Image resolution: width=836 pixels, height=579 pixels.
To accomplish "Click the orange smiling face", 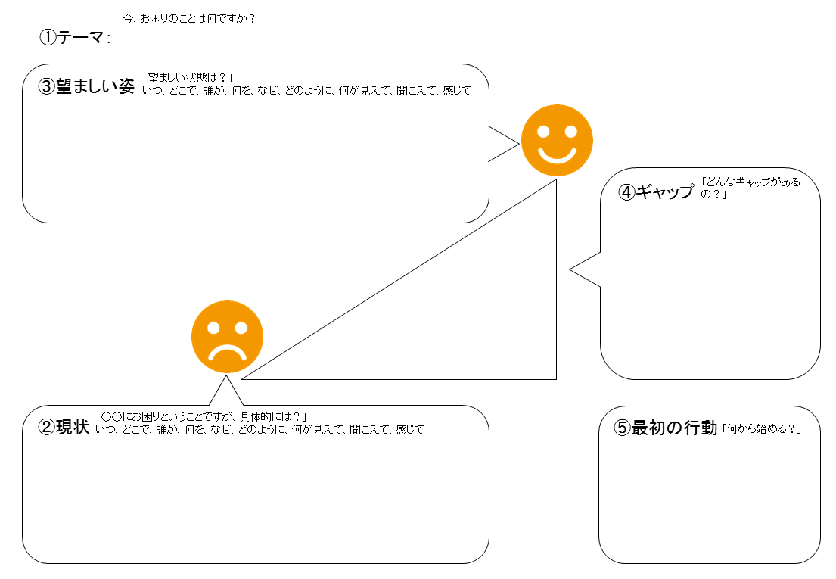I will (557, 140).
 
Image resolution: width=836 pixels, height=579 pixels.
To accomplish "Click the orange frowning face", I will (227, 338).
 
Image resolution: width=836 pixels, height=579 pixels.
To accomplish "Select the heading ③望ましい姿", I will (86, 86).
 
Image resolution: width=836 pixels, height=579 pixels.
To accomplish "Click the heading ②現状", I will (64, 428).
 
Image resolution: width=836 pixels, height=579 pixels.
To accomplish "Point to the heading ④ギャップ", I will (655, 191).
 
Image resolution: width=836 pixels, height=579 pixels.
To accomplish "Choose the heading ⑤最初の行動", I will (664, 428).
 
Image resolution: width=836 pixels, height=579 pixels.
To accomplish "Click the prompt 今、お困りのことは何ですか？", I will (188, 18).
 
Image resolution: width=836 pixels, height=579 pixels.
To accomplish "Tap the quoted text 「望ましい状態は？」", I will (187, 78).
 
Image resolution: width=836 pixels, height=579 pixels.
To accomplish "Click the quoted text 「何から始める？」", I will (761, 429).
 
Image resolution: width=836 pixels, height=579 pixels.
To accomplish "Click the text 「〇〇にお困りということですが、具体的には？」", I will (200, 417).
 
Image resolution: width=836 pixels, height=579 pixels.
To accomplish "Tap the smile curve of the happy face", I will (557, 155).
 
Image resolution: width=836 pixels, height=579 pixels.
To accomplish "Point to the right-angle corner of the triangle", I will (555, 377).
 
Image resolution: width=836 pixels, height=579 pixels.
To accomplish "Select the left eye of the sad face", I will (214, 328).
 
